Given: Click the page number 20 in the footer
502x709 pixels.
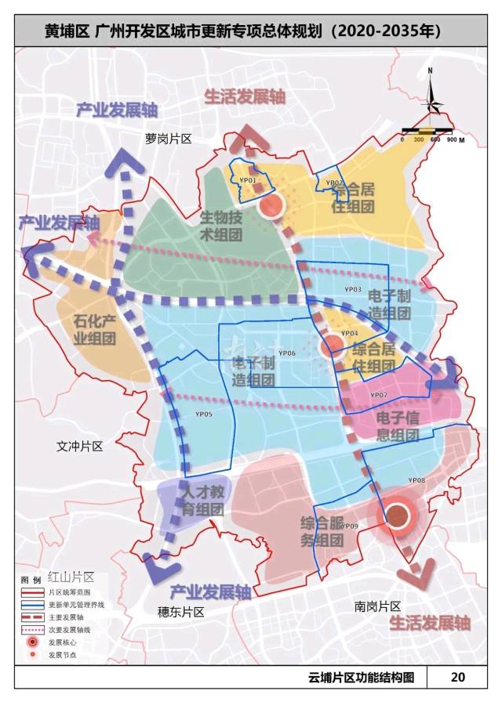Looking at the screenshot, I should click(457, 677).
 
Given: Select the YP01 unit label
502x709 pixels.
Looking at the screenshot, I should click(248, 180).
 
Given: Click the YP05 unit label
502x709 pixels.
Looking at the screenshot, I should click(204, 413).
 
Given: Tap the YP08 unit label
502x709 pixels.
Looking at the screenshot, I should click(417, 479).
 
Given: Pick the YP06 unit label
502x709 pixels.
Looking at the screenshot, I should click(286, 353).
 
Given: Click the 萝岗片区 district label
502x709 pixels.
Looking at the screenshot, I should click(169, 138).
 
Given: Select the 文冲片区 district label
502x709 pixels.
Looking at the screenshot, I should click(79, 446).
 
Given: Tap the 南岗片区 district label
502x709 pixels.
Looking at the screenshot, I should click(377, 606).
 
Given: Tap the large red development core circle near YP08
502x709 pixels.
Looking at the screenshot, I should click(398, 515).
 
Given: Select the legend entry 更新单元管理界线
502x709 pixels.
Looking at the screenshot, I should click(75, 604).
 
